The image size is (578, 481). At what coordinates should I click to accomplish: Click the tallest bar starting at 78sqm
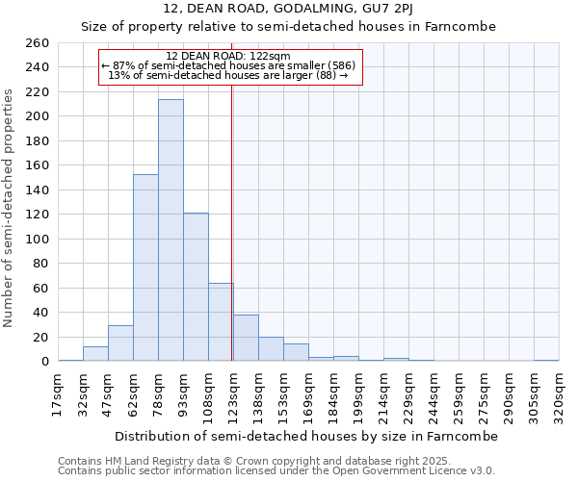[x=171, y=231]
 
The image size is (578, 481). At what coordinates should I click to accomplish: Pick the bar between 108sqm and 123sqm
[x=221, y=322]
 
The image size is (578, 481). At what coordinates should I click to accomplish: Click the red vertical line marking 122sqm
[x=232, y=221]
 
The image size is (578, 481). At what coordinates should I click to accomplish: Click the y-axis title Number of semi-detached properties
[x=10, y=208]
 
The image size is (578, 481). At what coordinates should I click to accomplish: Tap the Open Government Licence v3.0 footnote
[x=276, y=471]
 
